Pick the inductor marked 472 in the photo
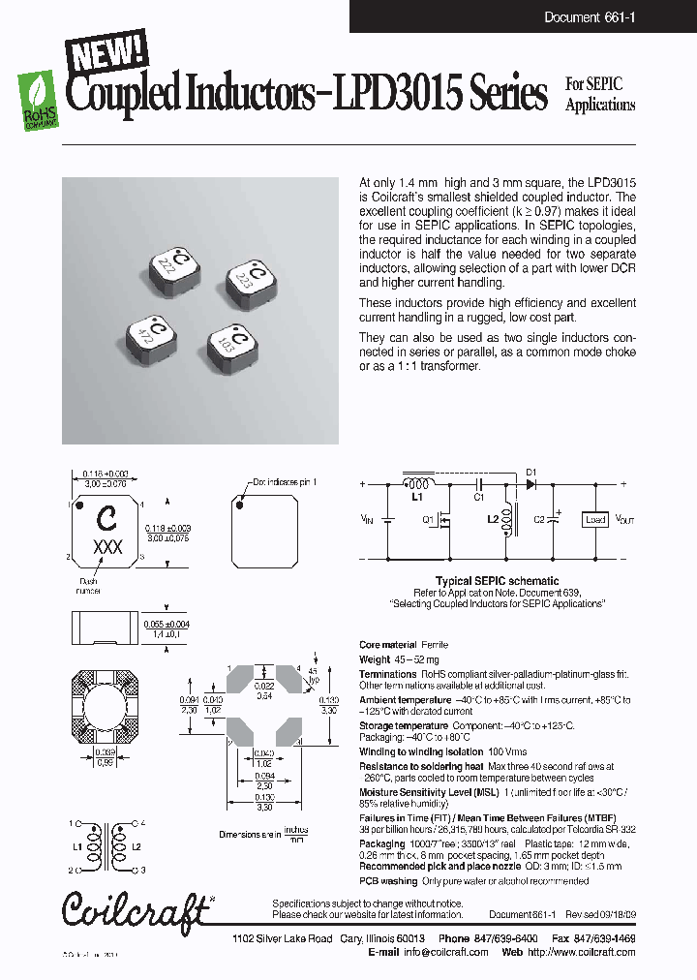(x=152, y=334)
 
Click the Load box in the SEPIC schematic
(x=595, y=519)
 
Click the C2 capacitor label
(x=540, y=519)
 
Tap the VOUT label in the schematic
(x=624, y=519)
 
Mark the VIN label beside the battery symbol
(x=364, y=519)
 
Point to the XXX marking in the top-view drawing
(x=106, y=546)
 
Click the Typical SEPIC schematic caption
(x=496, y=582)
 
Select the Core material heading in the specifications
(x=387, y=644)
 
